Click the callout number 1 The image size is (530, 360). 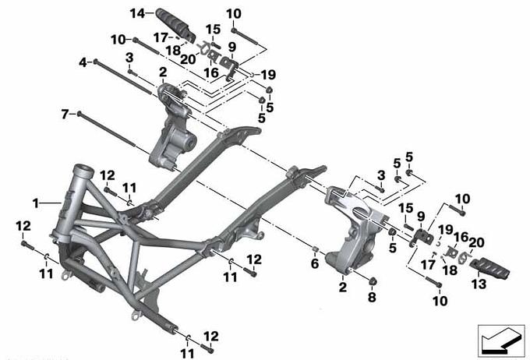pos(36,203)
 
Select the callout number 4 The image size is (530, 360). pos(83,62)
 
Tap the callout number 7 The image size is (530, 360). pos(65,115)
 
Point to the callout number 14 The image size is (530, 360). pos(138,14)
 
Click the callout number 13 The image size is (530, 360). pos(479,284)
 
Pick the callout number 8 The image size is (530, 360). pos(372,297)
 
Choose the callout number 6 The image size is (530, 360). pos(315,263)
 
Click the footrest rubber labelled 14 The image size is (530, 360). pos(176,26)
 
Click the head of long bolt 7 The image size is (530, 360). pos(79,114)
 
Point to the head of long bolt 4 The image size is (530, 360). pos(96,62)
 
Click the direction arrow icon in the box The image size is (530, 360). pos(501,341)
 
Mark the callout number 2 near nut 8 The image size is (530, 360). pos(343,287)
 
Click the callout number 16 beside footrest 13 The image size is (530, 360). pos(461,237)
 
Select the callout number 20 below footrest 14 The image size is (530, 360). pos(188,59)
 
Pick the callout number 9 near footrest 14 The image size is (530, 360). pos(232,47)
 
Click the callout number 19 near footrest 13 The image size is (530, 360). pos(446,230)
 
